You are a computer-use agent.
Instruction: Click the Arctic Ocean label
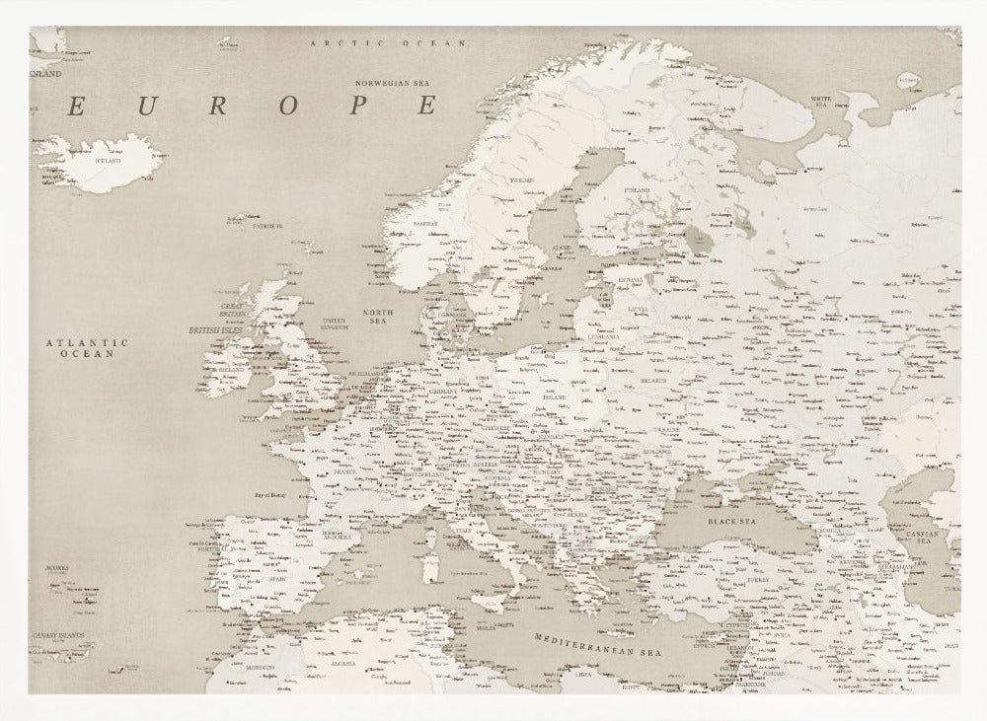(387, 44)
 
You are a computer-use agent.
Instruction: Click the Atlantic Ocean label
(86, 347)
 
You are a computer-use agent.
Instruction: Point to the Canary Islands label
(56, 635)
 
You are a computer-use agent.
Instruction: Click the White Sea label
(820, 103)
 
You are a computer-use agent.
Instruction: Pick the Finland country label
(638, 190)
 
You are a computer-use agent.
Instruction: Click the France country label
(344, 472)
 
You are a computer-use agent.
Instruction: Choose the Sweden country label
(520, 180)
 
